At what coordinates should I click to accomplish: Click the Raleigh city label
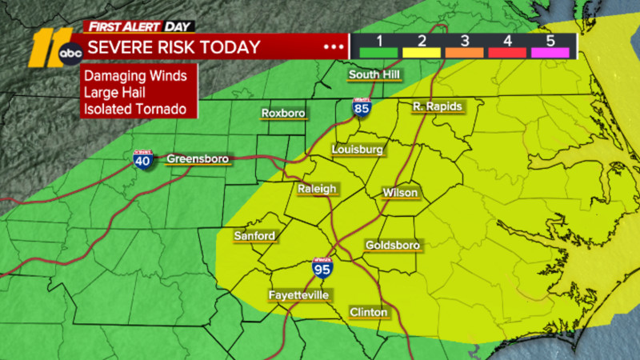click(318, 189)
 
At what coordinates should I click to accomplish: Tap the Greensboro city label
click(198, 159)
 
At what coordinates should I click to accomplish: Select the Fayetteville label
click(298, 296)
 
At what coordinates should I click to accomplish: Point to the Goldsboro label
click(392, 245)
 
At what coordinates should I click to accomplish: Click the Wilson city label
click(400, 193)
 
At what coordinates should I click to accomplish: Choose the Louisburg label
click(358, 150)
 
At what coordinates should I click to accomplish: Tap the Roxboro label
click(283, 114)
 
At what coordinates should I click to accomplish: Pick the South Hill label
click(374, 76)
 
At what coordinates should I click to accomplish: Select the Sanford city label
click(254, 236)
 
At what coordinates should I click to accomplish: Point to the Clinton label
click(368, 311)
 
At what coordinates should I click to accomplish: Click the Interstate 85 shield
click(364, 110)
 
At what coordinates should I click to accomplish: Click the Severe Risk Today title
click(174, 47)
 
